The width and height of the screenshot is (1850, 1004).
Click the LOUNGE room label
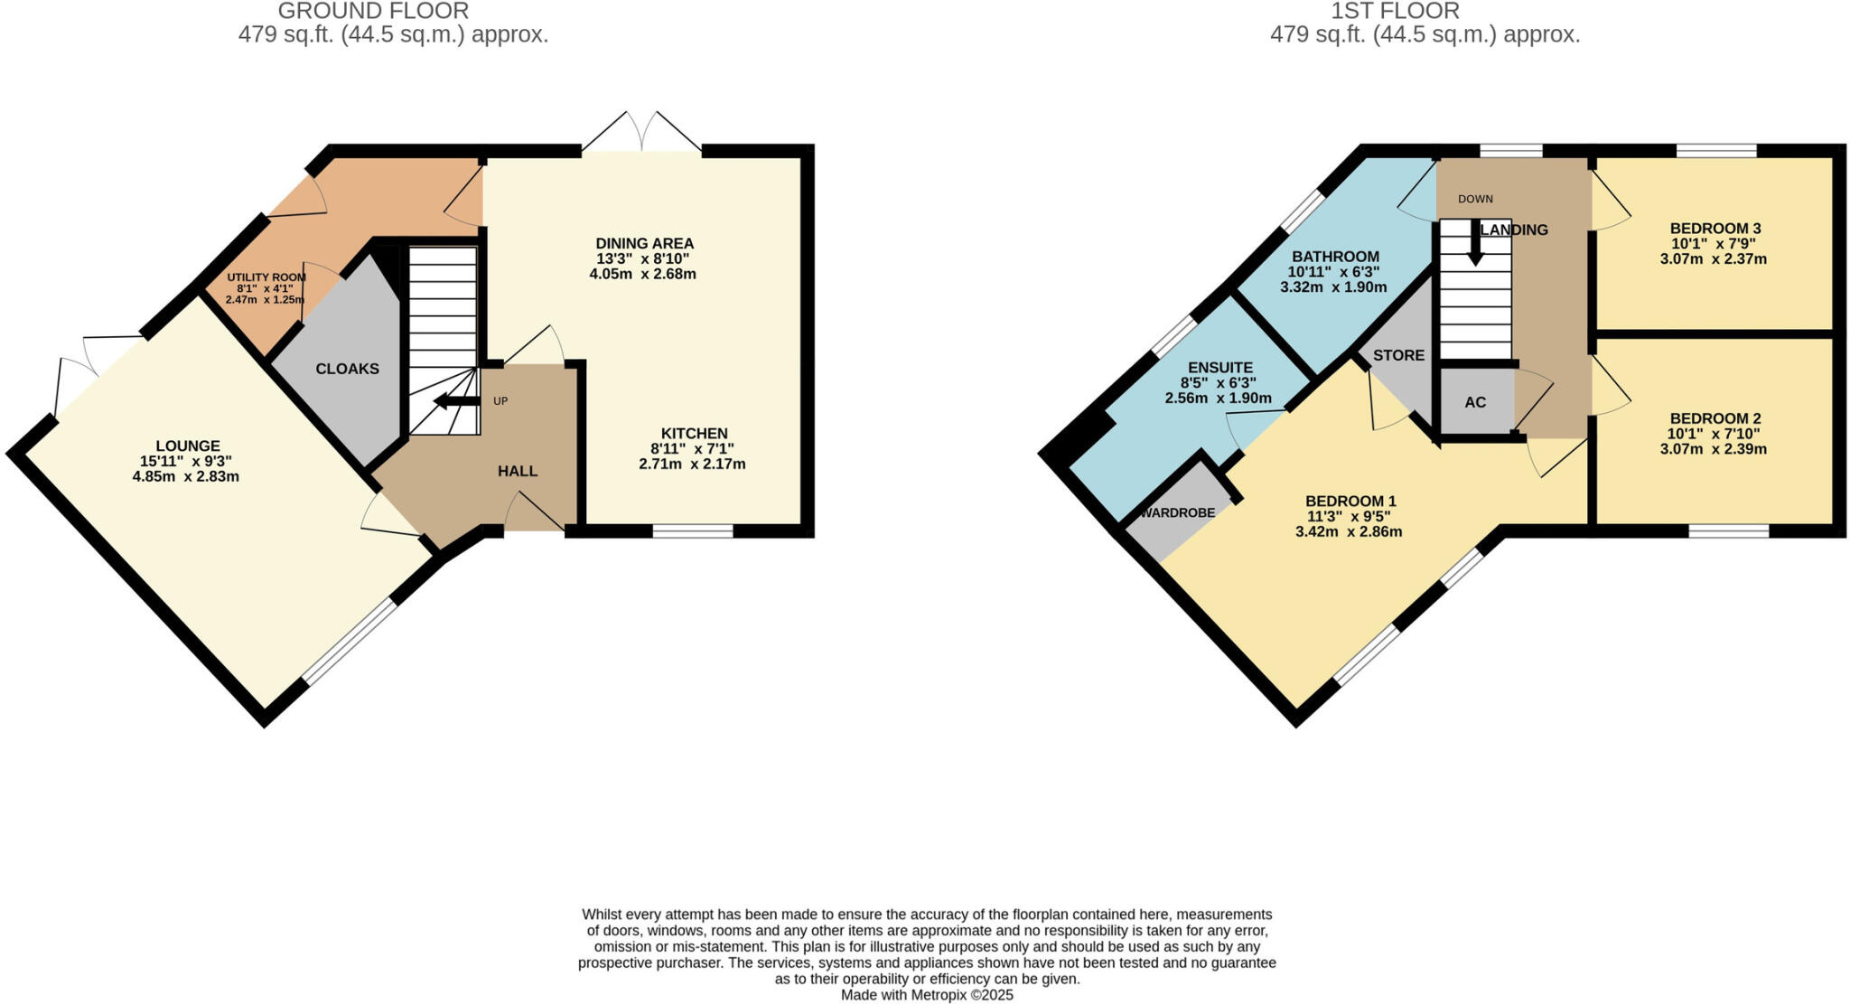click(187, 446)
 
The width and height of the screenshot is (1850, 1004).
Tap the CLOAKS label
click(347, 369)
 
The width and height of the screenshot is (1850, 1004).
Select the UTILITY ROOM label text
click(266, 277)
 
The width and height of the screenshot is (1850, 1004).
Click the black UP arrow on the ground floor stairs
click(457, 401)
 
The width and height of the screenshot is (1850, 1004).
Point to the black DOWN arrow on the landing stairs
click(1474, 244)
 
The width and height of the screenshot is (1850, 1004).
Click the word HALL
click(518, 471)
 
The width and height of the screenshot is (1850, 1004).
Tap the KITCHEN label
click(694, 434)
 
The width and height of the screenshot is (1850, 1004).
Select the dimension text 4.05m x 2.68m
click(642, 274)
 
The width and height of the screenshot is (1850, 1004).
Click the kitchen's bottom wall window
click(693, 531)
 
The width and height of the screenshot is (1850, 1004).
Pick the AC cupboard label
click(1474, 402)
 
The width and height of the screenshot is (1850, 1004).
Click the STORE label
click(1398, 355)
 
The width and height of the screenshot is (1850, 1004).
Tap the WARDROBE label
click(1177, 512)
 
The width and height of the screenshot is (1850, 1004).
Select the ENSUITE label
click(1219, 367)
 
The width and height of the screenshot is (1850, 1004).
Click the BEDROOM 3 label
click(1715, 229)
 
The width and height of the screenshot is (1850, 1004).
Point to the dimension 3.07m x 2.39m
click(1713, 449)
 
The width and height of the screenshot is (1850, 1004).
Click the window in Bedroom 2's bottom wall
click(1728, 531)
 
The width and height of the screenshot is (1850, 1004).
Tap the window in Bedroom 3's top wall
click(1716, 150)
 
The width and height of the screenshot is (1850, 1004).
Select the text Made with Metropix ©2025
click(927, 995)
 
